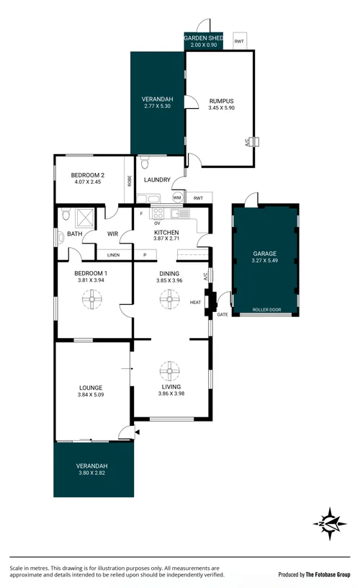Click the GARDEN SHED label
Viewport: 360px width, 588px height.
[x=203, y=37]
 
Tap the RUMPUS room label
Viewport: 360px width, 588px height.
[x=221, y=101]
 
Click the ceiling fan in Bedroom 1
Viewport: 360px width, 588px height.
[x=93, y=298]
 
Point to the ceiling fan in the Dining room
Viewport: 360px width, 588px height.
[x=171, y=298]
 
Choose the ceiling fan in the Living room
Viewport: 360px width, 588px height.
[x=171, y=372]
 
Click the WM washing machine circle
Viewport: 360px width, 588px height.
[x=177, y=197]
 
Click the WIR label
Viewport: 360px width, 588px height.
[x=112, y=233]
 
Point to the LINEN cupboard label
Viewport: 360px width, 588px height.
[x=113, y=255]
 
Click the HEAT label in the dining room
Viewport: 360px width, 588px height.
[x=195, y=302]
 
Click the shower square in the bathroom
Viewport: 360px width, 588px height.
[x=86, y=215]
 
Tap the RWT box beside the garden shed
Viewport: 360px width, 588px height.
[x=239, y=42]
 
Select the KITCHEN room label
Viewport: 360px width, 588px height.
[x=166, y=233]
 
